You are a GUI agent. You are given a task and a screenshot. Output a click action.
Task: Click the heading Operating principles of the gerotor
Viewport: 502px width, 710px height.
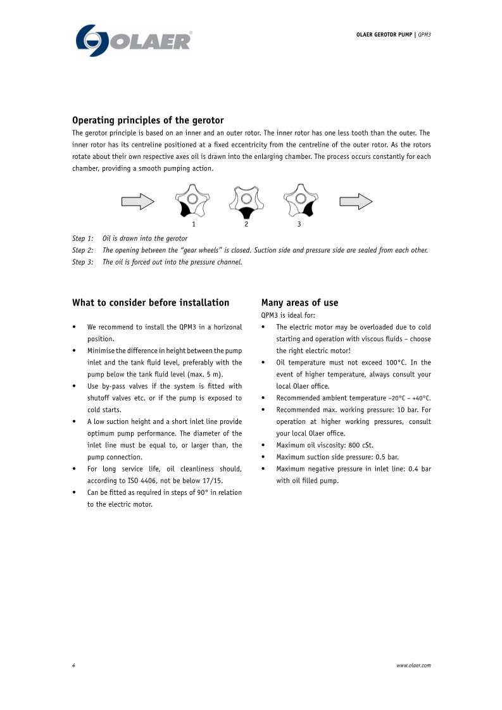pos(148,120)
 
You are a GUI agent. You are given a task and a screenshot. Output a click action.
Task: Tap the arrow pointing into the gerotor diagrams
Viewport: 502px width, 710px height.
pos(137,201)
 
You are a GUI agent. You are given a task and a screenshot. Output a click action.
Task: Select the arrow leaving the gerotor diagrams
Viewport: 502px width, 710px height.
pos(356,201)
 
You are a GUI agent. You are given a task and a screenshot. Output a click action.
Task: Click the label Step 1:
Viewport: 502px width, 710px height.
pos(83,239)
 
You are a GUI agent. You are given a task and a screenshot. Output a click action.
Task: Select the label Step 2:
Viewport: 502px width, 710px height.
pos(83,250)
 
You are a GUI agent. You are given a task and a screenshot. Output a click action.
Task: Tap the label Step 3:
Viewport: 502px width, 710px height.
pos(83,262)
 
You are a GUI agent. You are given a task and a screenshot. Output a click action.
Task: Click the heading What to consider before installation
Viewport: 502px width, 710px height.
pos(151,302)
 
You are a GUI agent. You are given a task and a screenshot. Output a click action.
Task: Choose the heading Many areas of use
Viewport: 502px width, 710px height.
pos(299,302)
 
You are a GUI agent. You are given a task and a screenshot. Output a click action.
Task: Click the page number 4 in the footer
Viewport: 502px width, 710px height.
pos(74,665)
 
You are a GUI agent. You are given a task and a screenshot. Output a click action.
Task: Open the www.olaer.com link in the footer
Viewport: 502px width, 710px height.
pos(413,665)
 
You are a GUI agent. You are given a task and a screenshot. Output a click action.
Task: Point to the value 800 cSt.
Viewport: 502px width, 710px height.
pos(361,445)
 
